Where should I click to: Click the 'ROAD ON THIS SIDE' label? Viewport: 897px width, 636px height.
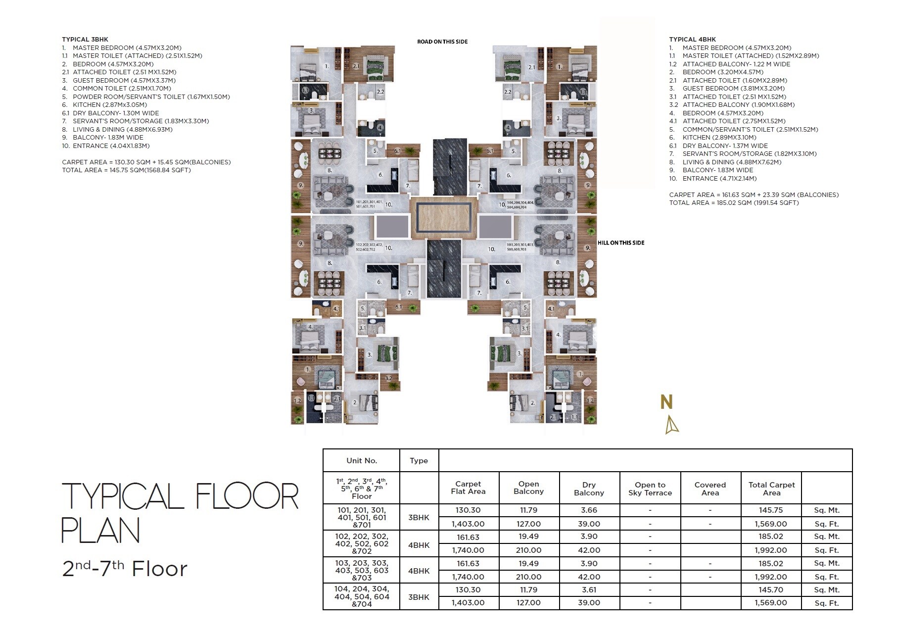pyautogui.click(x=442, y=42)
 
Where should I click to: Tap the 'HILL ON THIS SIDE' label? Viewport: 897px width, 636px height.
pyautogui.click(x=620, y=243)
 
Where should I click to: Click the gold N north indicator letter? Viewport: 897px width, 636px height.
pyautogui.click(x=666, y=402)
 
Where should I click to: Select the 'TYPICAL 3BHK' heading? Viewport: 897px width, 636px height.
pyautogui.click(x=85, y=39)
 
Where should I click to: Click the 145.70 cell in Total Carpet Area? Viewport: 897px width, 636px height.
pyautogui.click(x=771, y=590)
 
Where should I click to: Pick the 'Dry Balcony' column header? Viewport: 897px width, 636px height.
pyautogui.click(x=589, y=489)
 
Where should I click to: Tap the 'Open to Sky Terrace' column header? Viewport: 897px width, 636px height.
pyautogui.click(x=650, y=489)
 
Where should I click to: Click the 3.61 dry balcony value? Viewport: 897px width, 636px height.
pyautogui.click(x=589, y=590)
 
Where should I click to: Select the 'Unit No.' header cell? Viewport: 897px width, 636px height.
pyautogui.click(x=361, y=461)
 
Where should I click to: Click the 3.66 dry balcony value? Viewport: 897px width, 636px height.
pyautogui.click(x=589, y=510)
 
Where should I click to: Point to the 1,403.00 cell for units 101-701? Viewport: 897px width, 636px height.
pyautogui.click(x=468, y=524)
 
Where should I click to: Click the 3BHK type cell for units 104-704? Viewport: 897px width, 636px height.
pyautogui.click(x=419, y=597)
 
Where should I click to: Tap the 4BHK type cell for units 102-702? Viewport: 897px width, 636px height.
pyautogui.click(x=419, y=545)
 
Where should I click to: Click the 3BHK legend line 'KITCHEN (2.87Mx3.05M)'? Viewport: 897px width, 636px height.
pyautogui.click(x=109, y=105)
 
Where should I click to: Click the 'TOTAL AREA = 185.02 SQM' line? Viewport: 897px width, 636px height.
pyautogui.click(x=733, y=202)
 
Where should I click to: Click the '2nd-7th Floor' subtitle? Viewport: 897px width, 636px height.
pyautogui.click(x=124, y=569)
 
